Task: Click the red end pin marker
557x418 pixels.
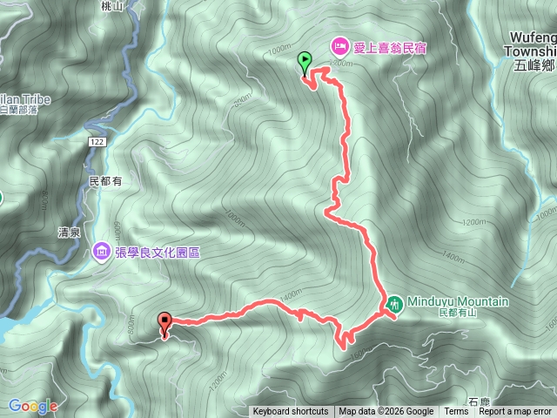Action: (x=164, y=322)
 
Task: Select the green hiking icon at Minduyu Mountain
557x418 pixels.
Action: (x=395, y=303)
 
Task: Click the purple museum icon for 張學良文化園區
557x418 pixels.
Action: (x=102, y=253)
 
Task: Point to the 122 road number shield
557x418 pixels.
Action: (x=97, y=140)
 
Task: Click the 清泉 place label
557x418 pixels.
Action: (x=70, y=233)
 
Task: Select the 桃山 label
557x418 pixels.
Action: (x=112, y=5)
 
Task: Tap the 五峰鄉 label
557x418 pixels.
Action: (x=534, y=64)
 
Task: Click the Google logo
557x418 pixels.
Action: (x=33, y=406)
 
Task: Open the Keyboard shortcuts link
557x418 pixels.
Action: (x=291, y=412)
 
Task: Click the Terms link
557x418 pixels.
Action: (x=456, y=412)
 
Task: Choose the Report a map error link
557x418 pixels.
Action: (x=516, y=412)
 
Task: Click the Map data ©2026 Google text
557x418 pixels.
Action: (x=386, y=412)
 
